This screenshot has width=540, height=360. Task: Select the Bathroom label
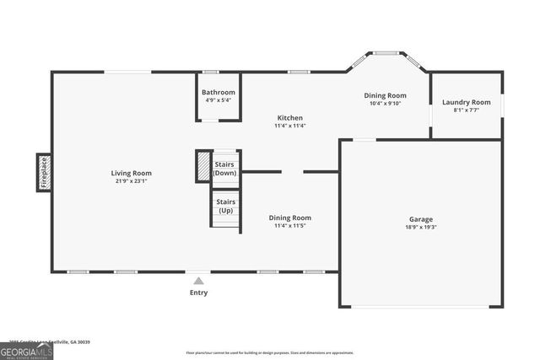click(218, 92)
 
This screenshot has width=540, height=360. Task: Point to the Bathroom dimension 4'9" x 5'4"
click(218, 100)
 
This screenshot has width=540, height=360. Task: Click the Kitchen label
click(289, 118)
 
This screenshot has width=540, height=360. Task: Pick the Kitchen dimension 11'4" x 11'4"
click(289, 126)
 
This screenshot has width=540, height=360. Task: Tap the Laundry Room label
click(466, 103)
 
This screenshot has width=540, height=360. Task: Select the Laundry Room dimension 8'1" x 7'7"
click(466, 110)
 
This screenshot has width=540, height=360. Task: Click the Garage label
click(421, 218)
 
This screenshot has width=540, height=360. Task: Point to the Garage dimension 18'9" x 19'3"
click(421, 227)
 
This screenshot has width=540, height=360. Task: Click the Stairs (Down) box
click(225, 168)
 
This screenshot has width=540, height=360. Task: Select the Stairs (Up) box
click(225, 207)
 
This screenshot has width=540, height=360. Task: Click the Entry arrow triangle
click(198, 281)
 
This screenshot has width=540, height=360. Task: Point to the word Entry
click(198, 293)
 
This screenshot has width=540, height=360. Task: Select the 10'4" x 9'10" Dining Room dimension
click(385, 104)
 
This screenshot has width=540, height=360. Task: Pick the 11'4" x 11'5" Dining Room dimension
click(289, 226)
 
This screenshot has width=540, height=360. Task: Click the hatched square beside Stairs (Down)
click(203, 166)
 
